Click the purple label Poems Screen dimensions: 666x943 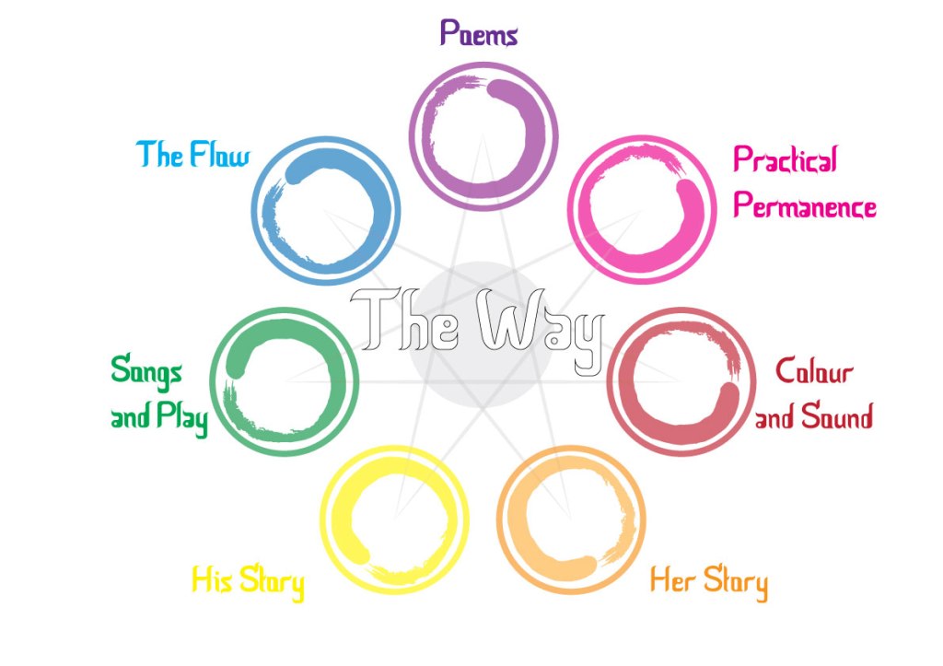click(479, 34)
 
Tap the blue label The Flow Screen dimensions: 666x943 click(193, 155)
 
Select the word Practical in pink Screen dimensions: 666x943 click(786, 161)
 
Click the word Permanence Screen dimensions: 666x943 click(804, 206)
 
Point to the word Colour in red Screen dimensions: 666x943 click(814, 372)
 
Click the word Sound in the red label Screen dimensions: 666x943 click(836, 417)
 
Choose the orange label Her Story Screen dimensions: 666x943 click(708, 582)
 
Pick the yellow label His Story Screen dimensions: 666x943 click(247, 582)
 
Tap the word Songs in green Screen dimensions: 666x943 click(146, 372)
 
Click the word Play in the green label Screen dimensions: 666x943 click(181, 419)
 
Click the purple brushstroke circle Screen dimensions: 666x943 click(483, 127)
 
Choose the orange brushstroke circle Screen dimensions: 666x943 click(571, 520)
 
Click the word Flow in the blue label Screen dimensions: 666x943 click(219, 155)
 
